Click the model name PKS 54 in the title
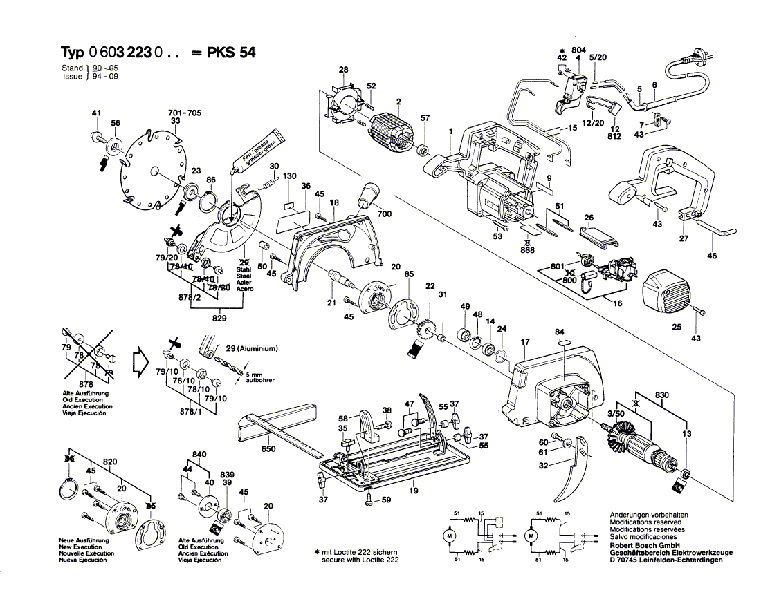231,53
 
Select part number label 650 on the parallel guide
268,449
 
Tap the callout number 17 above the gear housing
525,341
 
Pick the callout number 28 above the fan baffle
343,69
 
